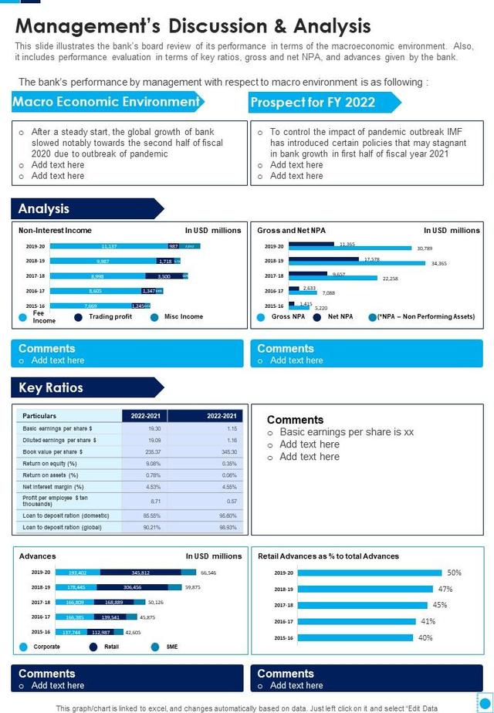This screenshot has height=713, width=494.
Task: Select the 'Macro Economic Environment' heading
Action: click(x=106, y=102)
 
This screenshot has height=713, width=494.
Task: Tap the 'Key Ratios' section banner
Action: click(x=51, y=387)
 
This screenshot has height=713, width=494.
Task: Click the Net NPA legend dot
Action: click(x=317, y=316)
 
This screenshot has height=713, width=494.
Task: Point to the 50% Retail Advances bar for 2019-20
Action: click(x=369, y=573)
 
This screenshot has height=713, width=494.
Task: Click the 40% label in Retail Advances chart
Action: click(x=425, y=638)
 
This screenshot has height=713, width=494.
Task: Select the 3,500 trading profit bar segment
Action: click(x=164, y=275)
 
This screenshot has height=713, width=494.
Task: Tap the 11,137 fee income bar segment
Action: click(x=108, y=246)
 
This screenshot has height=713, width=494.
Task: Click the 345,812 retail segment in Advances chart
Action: click(x=140, y=573)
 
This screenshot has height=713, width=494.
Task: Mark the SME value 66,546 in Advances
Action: click(x=208, y=573)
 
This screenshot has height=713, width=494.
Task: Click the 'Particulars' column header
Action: click(x=39, y=416)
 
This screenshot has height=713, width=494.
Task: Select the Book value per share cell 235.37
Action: click(x=154, y=451)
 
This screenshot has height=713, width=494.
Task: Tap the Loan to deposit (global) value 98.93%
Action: click(x=228, y=527)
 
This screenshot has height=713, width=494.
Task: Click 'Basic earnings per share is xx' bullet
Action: click(x=347, y=432)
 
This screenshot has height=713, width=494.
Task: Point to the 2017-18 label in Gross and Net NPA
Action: click(x=274, y=275)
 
